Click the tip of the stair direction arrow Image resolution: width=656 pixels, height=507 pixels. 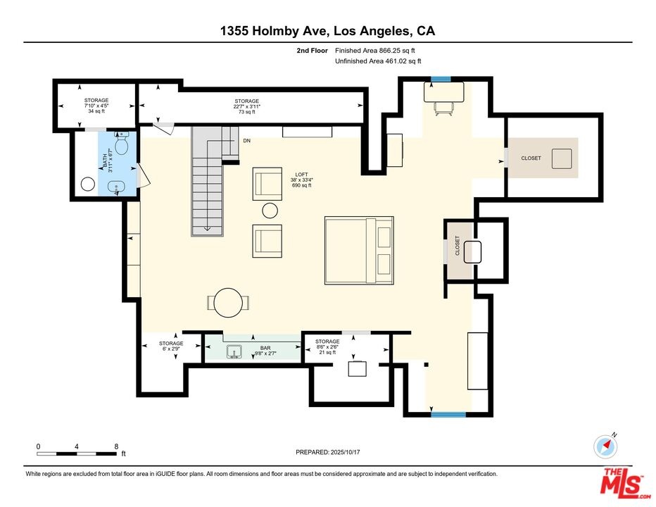tap(207, 230)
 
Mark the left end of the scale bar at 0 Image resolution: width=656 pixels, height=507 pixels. tap(37, 453)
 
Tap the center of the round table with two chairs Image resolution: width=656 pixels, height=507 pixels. tap(228, 302)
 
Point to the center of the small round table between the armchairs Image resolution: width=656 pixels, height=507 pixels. tap(270, 211)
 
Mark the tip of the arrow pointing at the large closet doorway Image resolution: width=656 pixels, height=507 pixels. tap(503, 161)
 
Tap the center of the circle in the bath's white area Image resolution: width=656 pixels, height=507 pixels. tap(88, 184)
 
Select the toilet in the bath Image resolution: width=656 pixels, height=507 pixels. tap(121, 143)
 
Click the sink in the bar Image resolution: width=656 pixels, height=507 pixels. tap(234, 351)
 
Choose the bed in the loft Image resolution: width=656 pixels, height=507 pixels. tap(359, 251)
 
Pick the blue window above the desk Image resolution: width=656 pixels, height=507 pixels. tap(441, 79)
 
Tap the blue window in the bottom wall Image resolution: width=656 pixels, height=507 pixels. tap(448, 415)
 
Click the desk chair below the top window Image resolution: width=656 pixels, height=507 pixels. tap(443, 109)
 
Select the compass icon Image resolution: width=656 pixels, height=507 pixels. tap(605, 446)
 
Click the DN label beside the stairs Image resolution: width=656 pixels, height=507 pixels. tap(247, 141)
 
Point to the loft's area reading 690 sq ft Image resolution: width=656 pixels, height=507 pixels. tap(302, 185)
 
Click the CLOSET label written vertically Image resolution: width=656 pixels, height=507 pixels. tap(458, 246)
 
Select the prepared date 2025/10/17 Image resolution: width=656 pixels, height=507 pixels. tap(345, 452)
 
